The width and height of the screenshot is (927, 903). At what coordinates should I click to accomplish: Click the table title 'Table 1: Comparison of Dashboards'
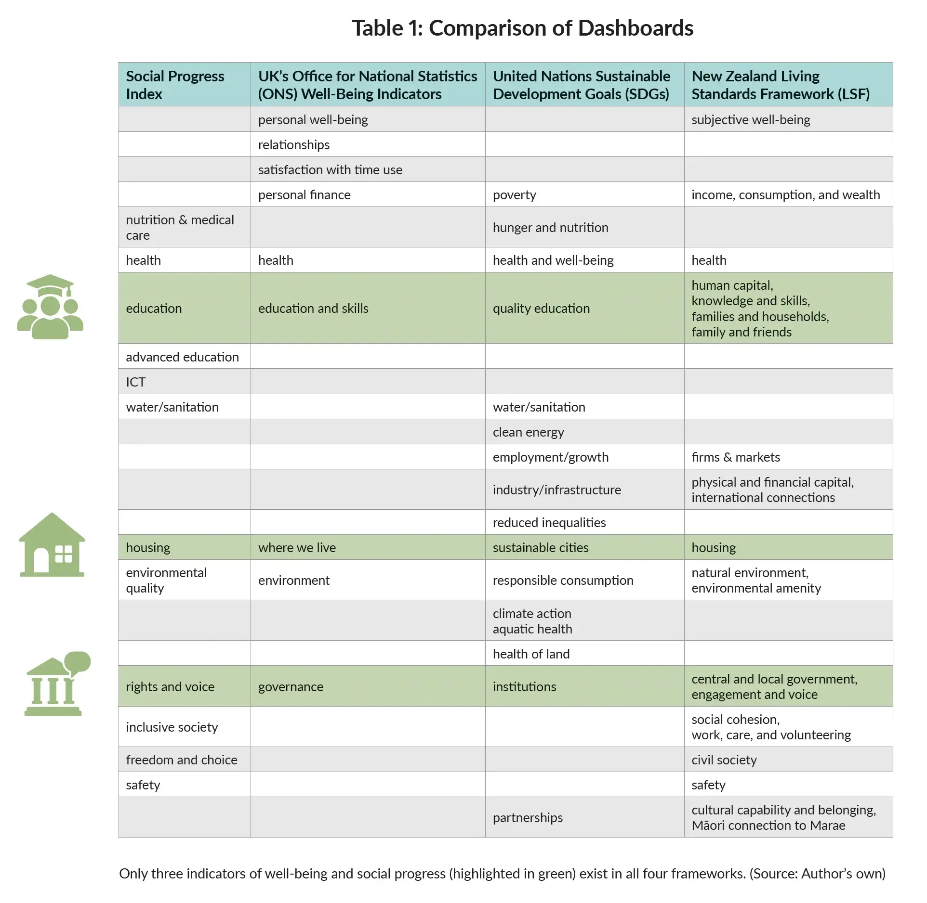522,28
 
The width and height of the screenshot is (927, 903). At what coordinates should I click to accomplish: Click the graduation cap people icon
50,307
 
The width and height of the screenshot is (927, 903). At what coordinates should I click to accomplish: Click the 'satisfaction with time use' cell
330,170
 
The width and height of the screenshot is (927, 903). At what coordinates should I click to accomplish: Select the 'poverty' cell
514,195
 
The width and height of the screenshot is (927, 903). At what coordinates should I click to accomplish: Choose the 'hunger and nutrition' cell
550,228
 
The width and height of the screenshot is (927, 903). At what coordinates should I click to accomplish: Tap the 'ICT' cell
136,382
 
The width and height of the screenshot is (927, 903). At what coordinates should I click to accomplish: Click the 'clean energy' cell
528,432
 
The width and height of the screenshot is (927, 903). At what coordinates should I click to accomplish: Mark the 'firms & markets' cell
735,457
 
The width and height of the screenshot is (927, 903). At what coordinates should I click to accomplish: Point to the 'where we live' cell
297,548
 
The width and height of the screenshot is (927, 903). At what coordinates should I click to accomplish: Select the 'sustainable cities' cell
540,548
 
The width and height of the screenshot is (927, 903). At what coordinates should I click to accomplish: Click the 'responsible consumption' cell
563,580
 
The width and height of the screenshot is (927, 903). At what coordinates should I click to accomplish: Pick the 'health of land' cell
531,654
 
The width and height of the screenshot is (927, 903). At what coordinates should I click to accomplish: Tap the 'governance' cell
291,687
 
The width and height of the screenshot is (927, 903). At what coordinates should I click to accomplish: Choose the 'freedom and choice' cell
182,760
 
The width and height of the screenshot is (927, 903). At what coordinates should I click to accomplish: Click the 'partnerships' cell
528,818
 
